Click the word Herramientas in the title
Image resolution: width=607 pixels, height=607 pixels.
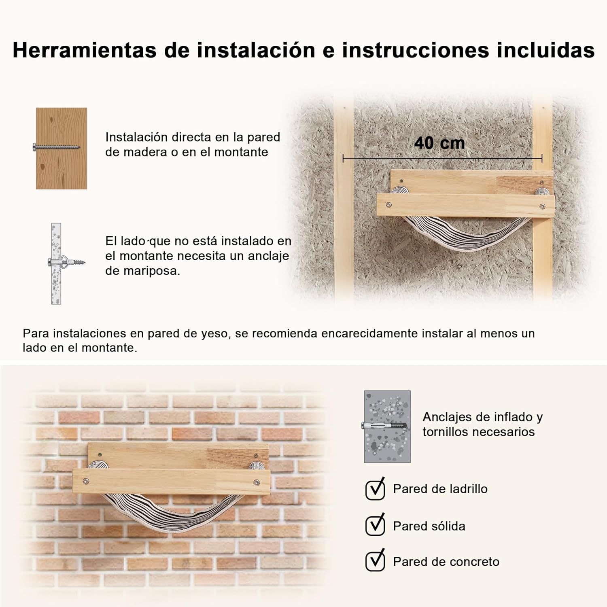[x=85, y=50]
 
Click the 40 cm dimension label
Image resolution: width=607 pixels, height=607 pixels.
[x=439, y=143]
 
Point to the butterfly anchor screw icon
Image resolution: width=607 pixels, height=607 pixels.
[x=67, y=262]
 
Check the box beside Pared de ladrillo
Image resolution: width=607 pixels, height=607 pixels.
[x=375, y=489]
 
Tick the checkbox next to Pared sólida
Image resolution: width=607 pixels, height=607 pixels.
[x=375, y=525]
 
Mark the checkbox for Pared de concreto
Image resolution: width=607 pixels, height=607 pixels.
[x=375, y=561]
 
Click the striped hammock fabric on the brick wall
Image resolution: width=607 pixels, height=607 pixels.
[x=170, y=508]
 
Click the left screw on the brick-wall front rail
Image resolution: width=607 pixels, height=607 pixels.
[x=86, y=482]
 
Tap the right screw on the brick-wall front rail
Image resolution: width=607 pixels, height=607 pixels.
[x=257, y=482]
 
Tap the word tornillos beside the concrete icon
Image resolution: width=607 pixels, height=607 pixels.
[x=448, y=432]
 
